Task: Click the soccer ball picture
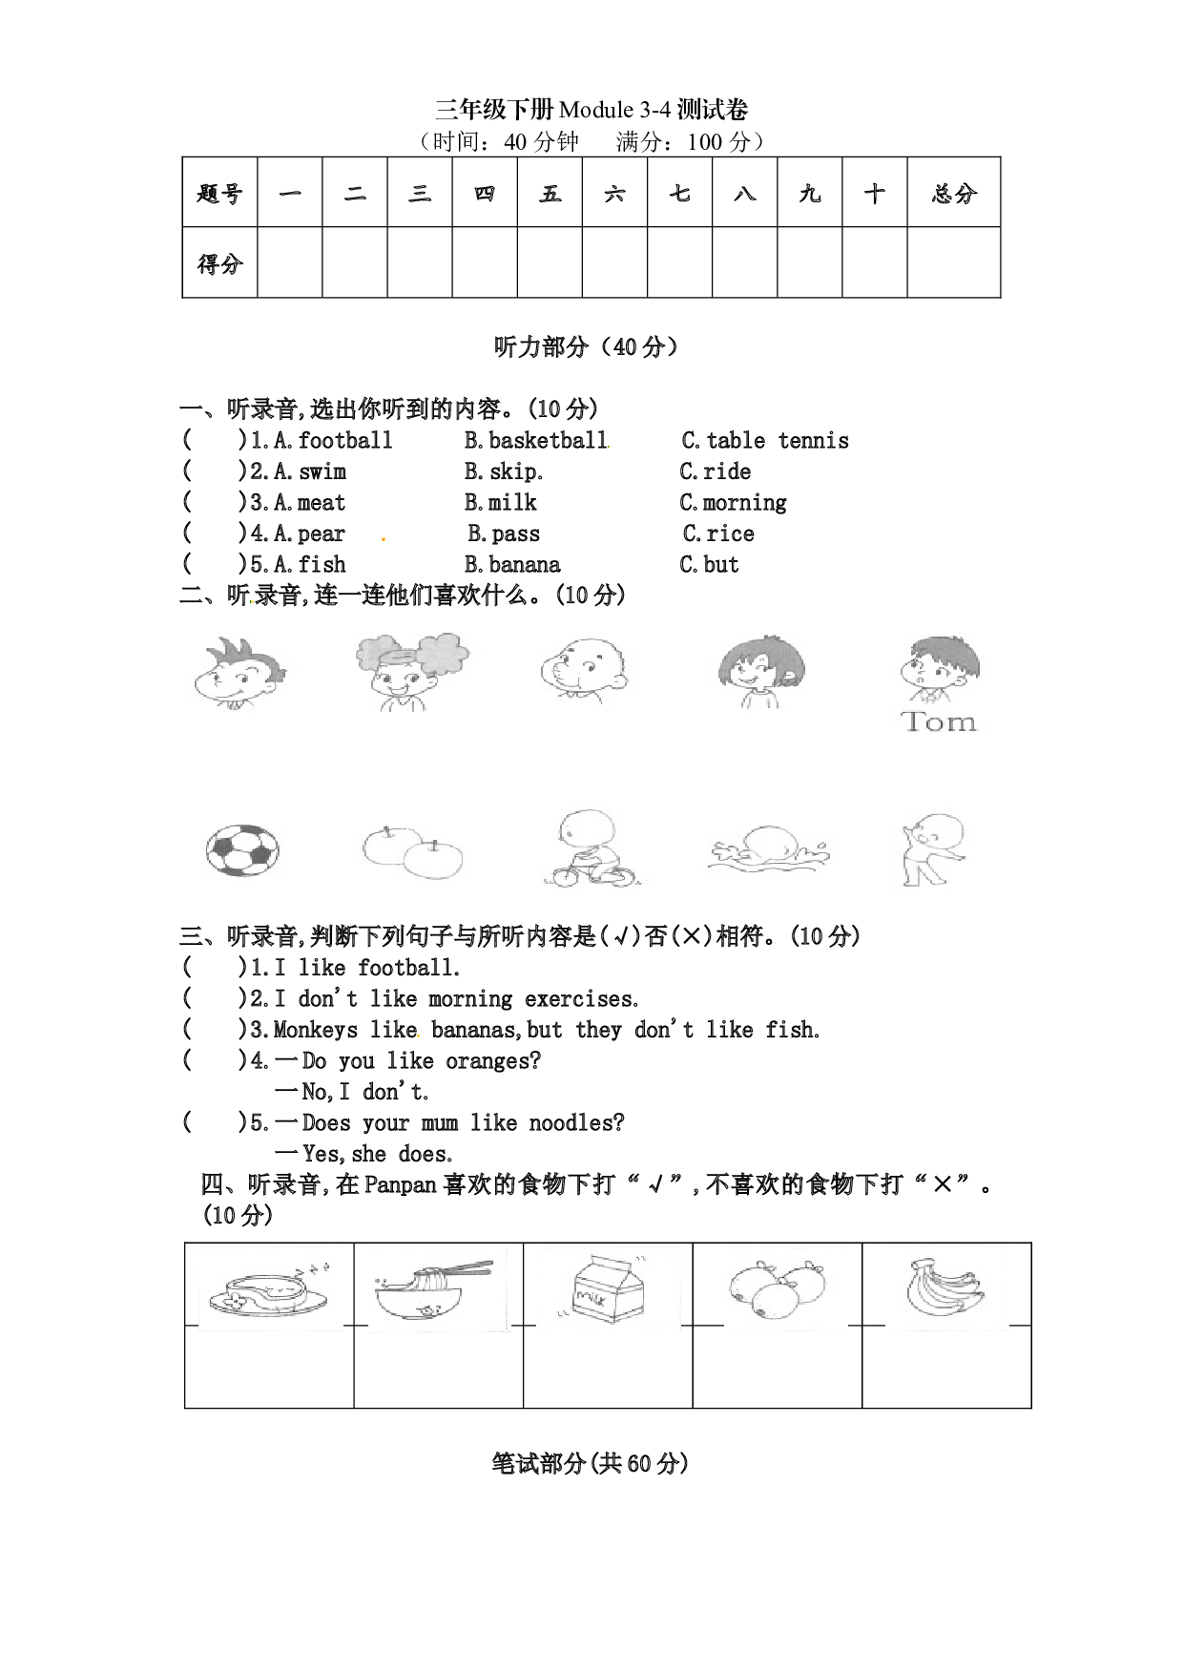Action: click(242, 850)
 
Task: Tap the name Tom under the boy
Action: click(939, 722)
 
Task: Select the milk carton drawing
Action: click(609, 1287)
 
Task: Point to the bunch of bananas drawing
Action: click(944, 1287)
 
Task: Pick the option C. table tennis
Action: click(765, 441)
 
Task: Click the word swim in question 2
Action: click(322, 472)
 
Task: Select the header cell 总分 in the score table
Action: click(954, 194)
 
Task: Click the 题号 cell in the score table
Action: click(219, 194)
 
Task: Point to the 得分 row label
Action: click(219, 263)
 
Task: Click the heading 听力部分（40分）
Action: click(587, 347)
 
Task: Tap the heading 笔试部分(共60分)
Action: click(591, 1463)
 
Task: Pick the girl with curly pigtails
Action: click(410, 671)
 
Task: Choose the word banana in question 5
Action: click(525, 565)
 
